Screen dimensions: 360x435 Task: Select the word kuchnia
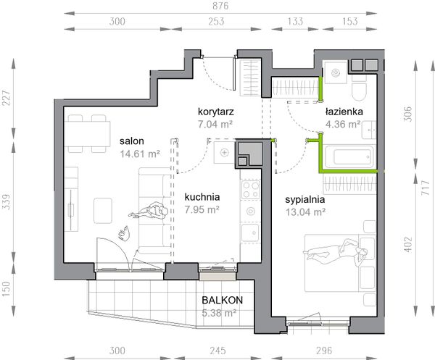(202, 197)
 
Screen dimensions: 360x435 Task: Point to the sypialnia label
(304, 199)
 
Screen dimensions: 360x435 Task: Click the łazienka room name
(344, 112)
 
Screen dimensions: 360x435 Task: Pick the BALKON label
(222, 301)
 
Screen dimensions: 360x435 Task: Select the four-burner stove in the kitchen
(251, 191)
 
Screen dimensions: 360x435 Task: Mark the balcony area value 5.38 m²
(222, 314)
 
